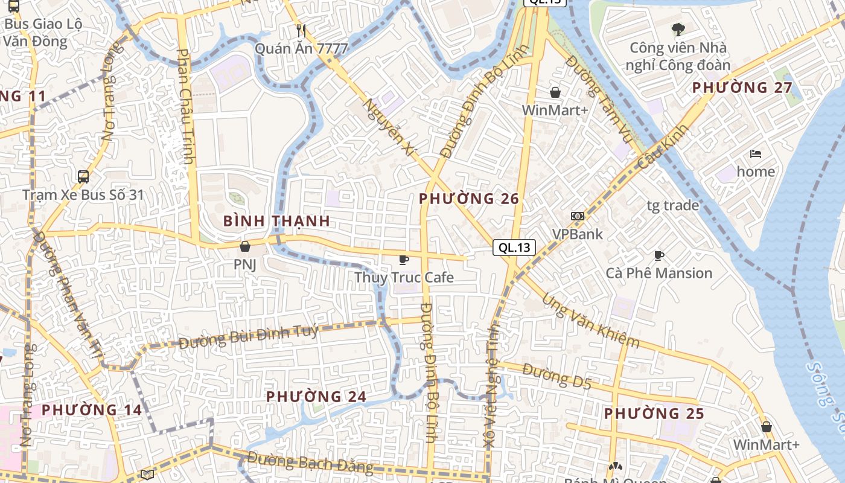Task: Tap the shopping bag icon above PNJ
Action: [x=245, y=246]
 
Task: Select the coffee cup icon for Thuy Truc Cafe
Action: [x=404, y=260]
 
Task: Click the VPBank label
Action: [x=578, y=234]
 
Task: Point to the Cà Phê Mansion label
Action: [x=659, y=273]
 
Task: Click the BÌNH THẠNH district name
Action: [x=276, y=221]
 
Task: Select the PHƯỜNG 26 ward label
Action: [x=469, y=199]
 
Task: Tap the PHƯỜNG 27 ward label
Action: [x=742, y=88]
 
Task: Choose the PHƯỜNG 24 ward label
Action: [x=316, y=397]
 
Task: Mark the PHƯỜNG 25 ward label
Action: [x=654, y=414]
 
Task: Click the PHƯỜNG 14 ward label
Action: [x=92, y=410]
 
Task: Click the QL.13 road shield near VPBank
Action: [x=514, y=247]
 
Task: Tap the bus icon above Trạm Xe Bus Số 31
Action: [x=83, y=177]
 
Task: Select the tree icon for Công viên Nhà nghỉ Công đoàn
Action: [x=678, y=29]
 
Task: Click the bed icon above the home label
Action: [x=755, y=154]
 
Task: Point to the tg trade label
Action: [x=672, y=205]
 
